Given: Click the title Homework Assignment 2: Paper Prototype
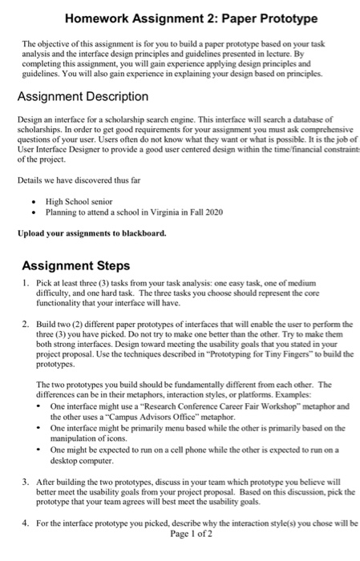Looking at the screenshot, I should pos(180,18).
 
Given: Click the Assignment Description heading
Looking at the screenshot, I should pos(83,96).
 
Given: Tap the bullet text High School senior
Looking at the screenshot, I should pos(80,202).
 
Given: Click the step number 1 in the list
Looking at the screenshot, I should pos(26,285).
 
